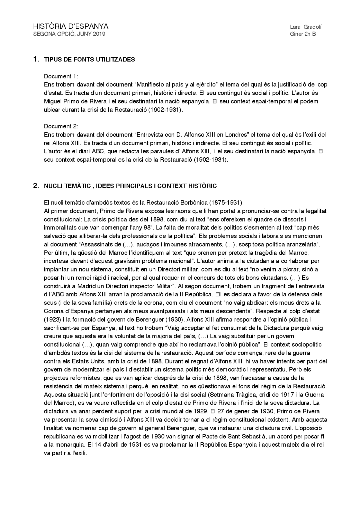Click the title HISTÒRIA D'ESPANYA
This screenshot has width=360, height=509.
71,26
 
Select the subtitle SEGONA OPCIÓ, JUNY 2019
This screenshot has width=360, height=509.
69,34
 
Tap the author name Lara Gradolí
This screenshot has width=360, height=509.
305,27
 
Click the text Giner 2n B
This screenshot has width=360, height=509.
303,34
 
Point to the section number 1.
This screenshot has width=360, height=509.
36,59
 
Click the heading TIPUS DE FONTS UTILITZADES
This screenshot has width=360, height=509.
89,60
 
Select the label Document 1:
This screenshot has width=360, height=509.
61,76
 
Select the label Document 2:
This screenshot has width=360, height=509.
61,126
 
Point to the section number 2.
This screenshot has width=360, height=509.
36,186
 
